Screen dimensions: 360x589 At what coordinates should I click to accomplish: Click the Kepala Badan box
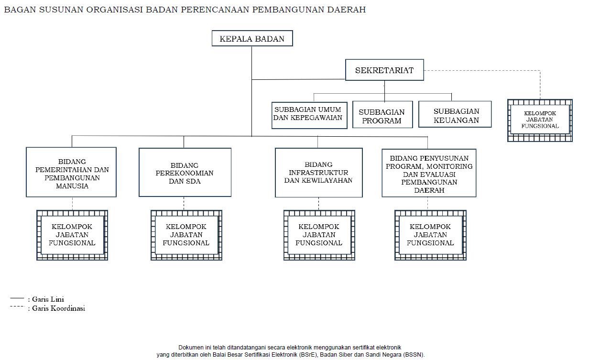[x=252, y=39]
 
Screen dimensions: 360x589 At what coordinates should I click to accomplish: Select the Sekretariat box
[x=384, y=71]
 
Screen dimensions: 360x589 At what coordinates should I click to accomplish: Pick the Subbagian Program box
[x=382, y=115]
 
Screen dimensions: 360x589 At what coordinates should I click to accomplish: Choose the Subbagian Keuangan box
[x=455, y=115]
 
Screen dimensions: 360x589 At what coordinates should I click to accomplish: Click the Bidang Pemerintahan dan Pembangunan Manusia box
[x=71, y=172]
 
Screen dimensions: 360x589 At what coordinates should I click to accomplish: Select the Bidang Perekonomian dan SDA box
[x=185, y=172]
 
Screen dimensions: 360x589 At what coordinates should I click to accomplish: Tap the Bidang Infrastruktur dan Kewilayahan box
[x=318, y=173]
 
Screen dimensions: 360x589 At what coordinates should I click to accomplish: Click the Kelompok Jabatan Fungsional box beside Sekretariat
[x=540, y=120]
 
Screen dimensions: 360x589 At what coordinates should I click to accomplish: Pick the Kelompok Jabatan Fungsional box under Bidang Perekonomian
[x=186, y=235]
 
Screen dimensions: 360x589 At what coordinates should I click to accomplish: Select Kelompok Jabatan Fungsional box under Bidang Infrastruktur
[x=319, y=235]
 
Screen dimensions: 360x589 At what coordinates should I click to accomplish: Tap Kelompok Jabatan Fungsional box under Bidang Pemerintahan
[x=72, y=235]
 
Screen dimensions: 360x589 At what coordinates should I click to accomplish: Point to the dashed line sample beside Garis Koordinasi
[x=17, y=306]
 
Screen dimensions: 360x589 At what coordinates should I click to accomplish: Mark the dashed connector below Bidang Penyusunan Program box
[x=428, y=203]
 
